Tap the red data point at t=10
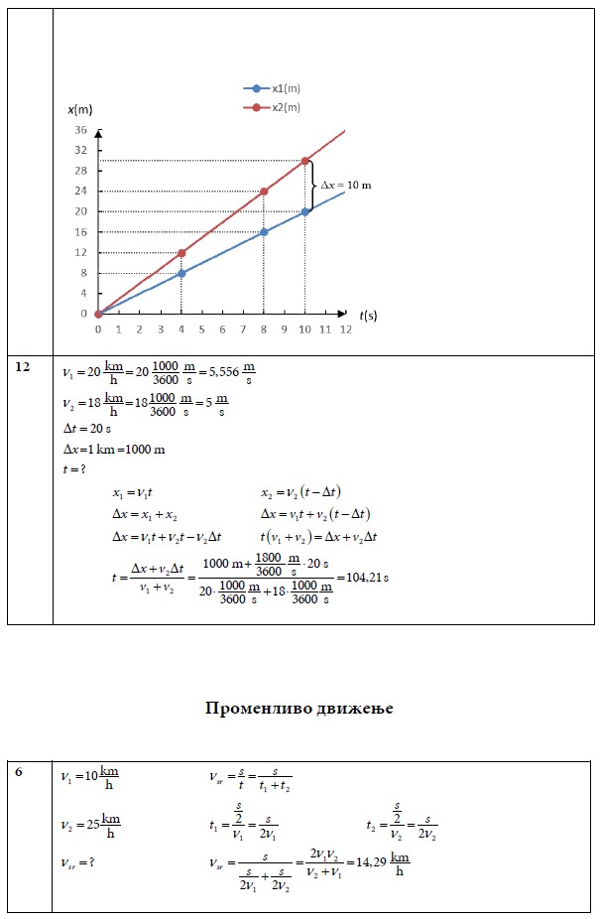[x=304, y=161]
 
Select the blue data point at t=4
[x=180, y=273]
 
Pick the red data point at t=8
[x=263, y=192]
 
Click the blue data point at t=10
[x=304, y=211]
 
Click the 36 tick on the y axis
[x=81, y=130]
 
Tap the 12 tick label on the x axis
[x=345, y=328]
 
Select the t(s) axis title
[x=368, y=315]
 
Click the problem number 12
[x=23, y=367]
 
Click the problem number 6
[x=19, y=771]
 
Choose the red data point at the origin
[x=98, y=314]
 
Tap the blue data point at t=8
[x=263, y=232]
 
